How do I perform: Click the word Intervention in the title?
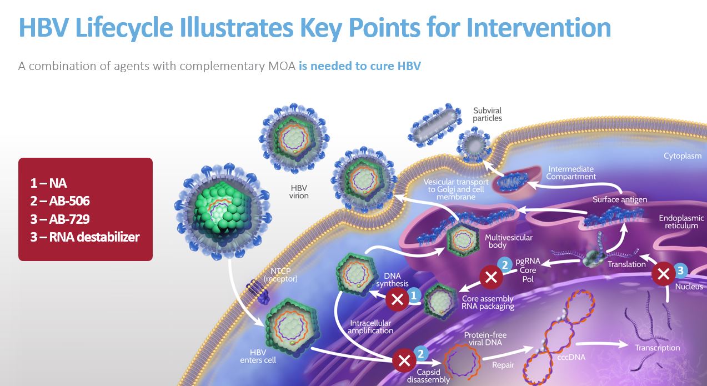coord(539,27)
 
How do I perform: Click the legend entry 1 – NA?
coord(49,183)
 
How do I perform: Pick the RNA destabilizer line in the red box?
coord(85,237)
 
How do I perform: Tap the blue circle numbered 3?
coord(681,270)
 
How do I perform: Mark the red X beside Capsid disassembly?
coord(402,360)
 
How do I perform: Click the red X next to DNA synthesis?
coord(398,300)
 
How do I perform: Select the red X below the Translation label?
coord(663,274)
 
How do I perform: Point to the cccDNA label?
coord(571,357)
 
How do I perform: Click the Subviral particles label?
coord(488,114)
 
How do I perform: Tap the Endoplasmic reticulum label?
coord(681,222)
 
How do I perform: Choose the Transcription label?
coord(657,348)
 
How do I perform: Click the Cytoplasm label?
coord(683,156)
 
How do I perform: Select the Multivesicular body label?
coord(509,241)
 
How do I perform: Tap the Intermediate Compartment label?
coord(571,173)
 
